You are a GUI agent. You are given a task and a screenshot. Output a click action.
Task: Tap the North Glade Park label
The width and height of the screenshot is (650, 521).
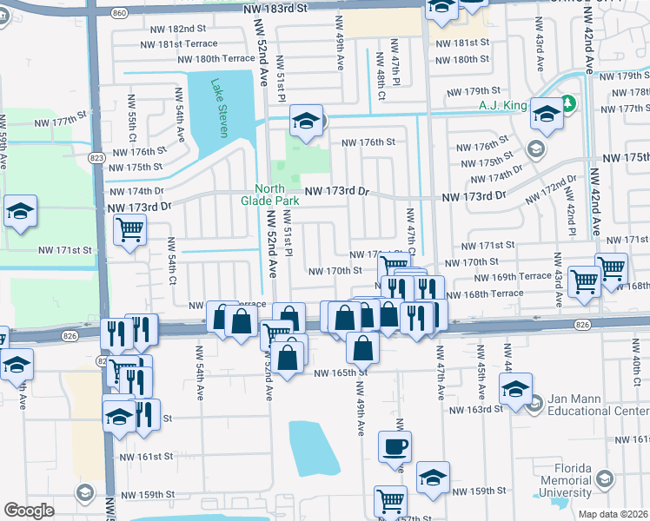277,195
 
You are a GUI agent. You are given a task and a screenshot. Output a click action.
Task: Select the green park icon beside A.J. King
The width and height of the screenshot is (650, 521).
569,105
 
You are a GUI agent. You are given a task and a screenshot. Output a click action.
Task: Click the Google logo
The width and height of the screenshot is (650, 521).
30,510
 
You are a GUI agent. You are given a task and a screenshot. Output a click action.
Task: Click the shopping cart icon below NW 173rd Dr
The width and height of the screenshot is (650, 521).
129,230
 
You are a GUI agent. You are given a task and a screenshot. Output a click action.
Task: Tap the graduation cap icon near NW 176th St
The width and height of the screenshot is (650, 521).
306,122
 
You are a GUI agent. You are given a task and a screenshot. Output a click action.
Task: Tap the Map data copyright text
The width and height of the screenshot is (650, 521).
613,514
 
